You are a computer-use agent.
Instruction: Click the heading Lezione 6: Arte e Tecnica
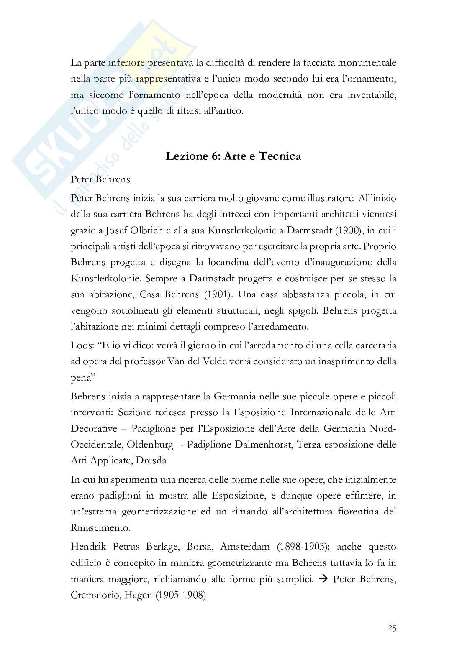click(233, 156)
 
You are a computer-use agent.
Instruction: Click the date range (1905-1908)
click(180, 595)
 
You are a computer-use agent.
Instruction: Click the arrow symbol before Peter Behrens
click(323, 579)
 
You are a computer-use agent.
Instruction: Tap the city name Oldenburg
click(150, 444)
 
